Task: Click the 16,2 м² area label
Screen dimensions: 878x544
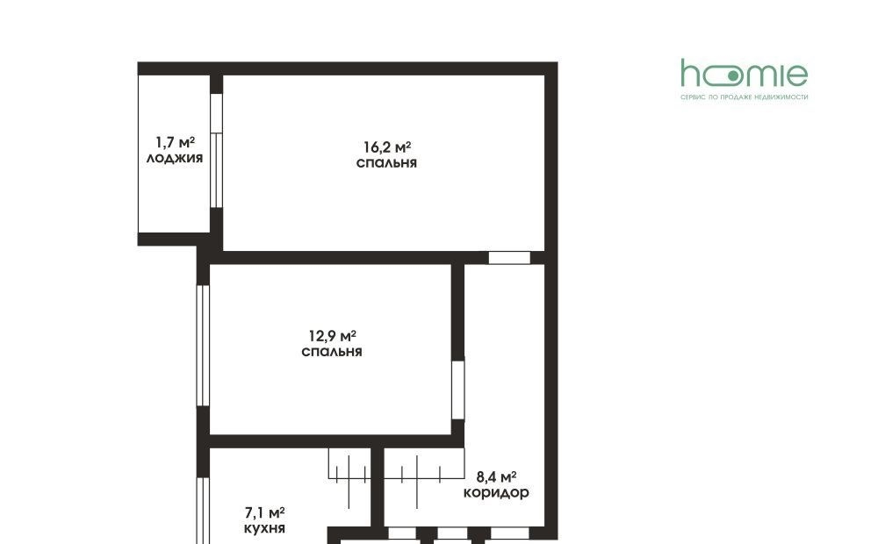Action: point(387,147)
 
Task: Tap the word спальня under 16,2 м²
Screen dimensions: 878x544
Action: point(386,163)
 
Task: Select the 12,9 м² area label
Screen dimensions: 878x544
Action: point(333,336)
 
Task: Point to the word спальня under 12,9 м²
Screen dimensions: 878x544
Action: point(332,352)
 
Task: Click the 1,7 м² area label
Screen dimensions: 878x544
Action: point(176,142)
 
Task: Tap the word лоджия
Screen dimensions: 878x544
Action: point(175,159)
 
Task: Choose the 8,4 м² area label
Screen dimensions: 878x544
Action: point(496,476)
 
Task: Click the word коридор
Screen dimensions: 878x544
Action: point(496,493)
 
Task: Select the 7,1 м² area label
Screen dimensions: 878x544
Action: point(265,512)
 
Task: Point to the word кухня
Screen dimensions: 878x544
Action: point(265,528)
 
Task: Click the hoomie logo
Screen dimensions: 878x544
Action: point(745,74)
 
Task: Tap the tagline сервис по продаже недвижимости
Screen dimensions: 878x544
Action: point(745,97)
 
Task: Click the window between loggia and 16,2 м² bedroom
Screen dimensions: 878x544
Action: point(216,151)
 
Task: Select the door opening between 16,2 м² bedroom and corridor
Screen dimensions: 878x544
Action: point(509,257)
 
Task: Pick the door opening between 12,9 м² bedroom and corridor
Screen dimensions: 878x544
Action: point(458,390)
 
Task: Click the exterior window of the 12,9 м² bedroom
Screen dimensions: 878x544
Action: point(203,346)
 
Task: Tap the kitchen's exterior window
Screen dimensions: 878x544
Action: point(203,511)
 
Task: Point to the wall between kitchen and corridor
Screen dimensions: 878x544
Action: point(377,487)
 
